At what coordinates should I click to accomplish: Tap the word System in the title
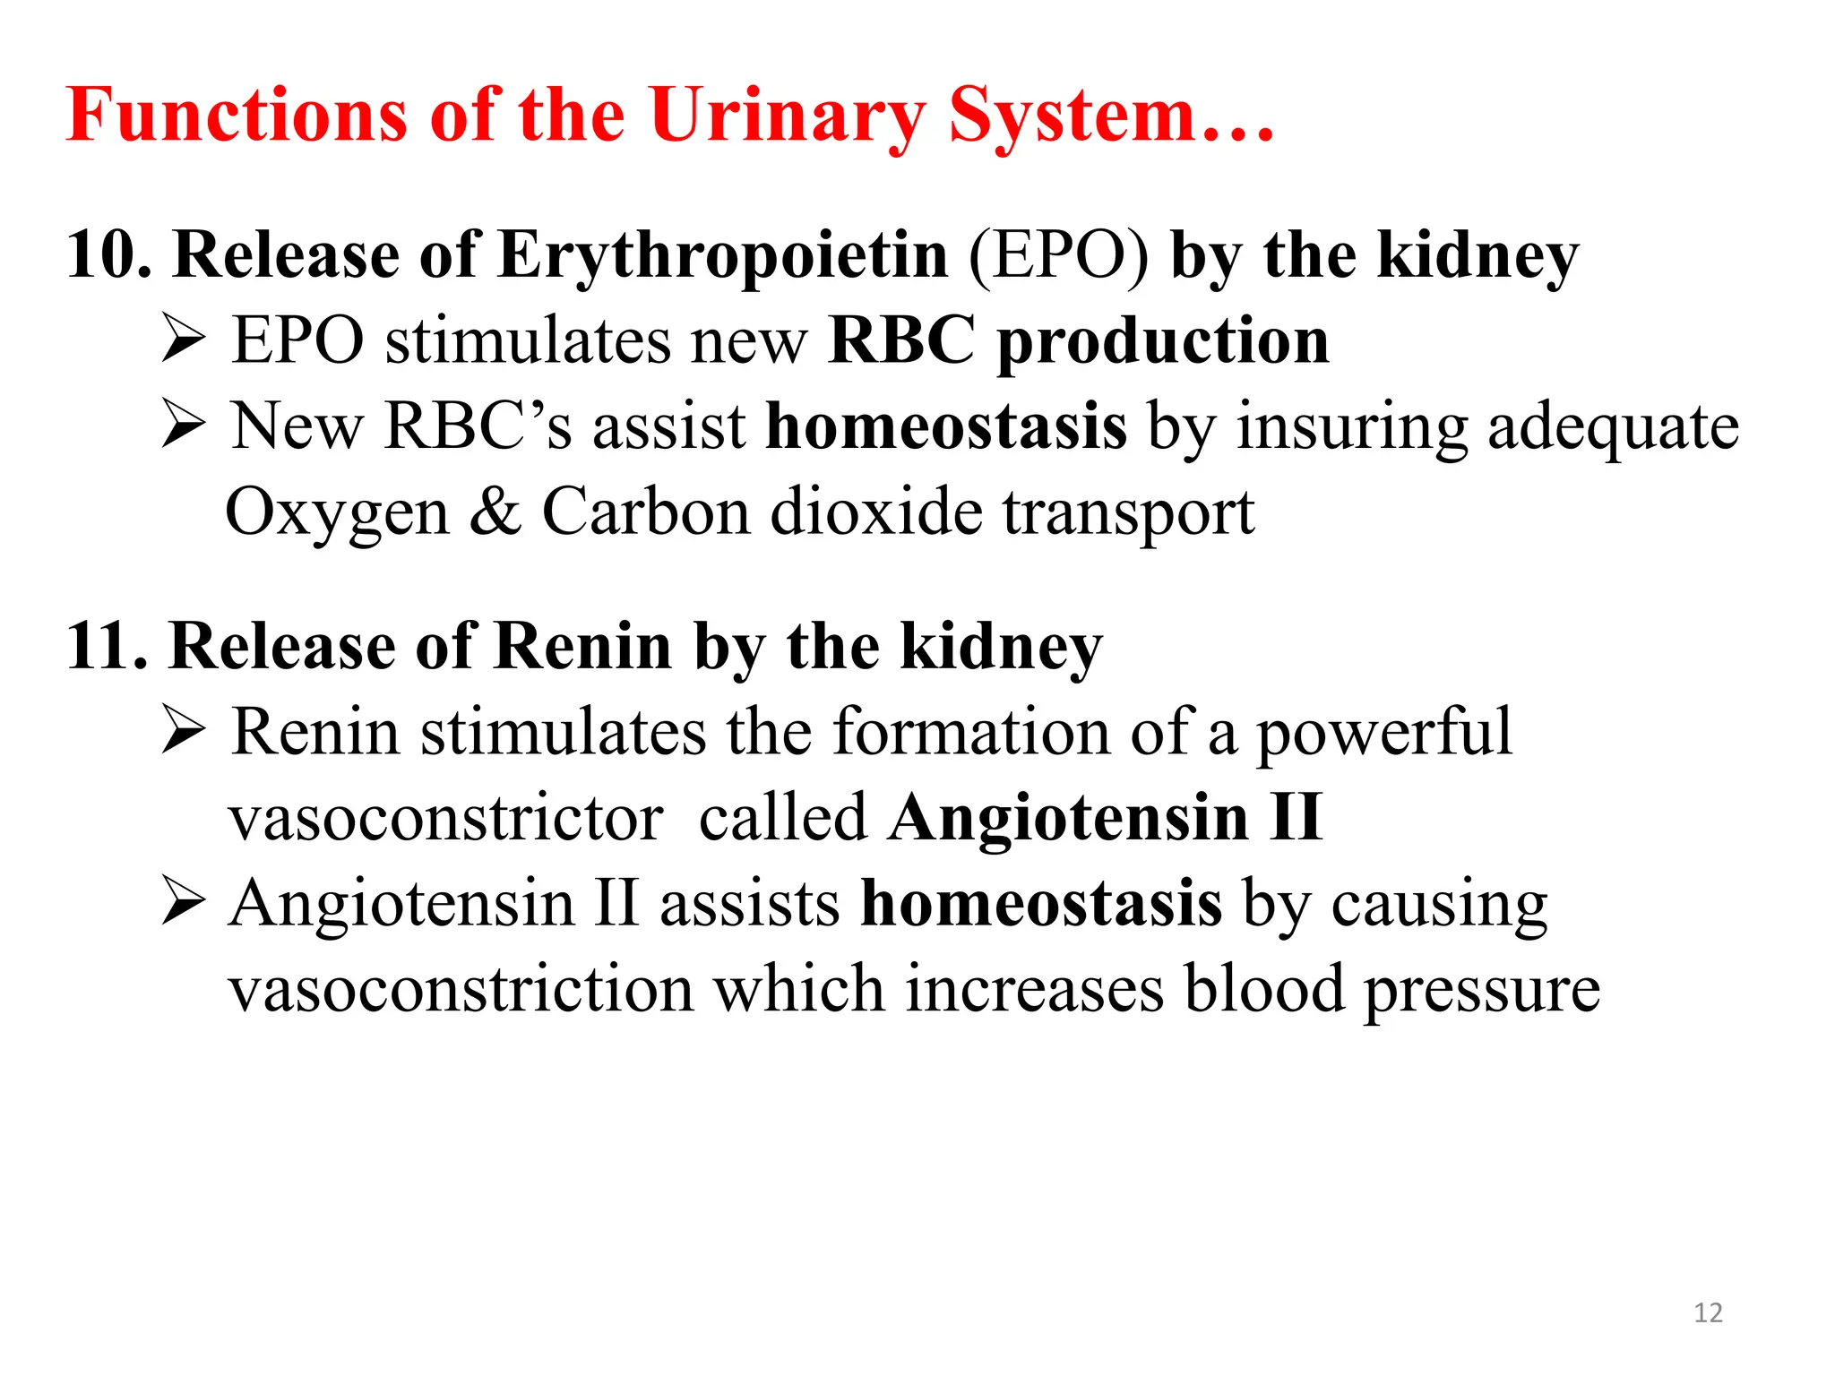coord(1072,116)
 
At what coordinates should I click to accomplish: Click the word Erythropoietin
coord(722,255)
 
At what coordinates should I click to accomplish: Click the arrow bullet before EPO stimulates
coord(185,340)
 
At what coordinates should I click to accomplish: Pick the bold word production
coord(1163,342)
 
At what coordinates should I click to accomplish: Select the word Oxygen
coord(337,512)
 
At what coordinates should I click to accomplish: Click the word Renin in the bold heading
coord(582,646)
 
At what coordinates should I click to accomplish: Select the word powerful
coord(1383,733)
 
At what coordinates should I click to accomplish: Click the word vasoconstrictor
coord(446,818)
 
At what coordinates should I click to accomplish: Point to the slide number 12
coord(1708,1312)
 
